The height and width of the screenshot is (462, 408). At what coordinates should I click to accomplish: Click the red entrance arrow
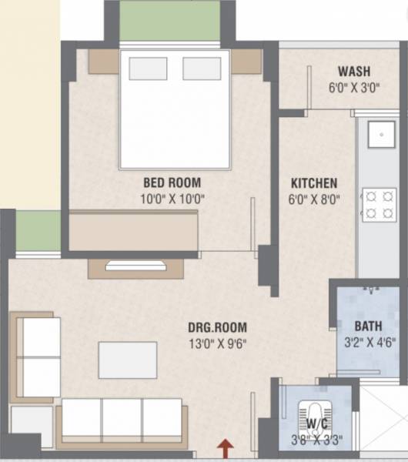225,446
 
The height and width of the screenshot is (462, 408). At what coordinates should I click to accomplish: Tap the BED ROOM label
172,183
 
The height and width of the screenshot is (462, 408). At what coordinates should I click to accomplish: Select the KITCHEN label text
313,183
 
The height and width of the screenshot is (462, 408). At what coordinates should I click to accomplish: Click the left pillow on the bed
148,69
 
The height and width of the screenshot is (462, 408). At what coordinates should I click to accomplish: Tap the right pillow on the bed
202,69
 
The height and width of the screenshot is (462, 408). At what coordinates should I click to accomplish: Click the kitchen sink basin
380,136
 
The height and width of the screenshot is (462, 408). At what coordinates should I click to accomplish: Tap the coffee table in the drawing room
128,360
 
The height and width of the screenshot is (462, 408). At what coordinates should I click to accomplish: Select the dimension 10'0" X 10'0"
172,199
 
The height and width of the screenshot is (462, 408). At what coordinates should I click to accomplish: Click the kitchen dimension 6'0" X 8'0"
314,199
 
